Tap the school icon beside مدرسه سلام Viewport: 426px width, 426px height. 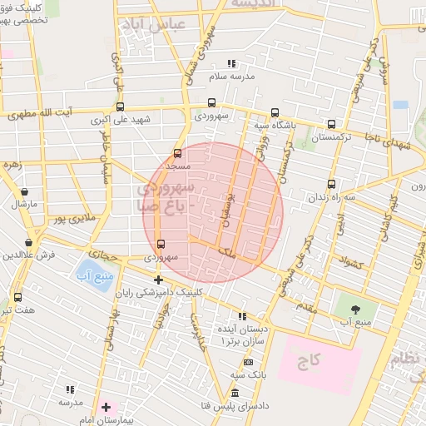tap(231, 64)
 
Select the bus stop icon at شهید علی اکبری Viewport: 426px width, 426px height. tap(121, 106)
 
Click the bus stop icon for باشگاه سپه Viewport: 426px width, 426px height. tap(275, 112)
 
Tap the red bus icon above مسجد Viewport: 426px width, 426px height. tap(176, 154)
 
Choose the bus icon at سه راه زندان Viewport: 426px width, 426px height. tap(331, 184)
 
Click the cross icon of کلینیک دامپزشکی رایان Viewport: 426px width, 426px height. tap(158, 280)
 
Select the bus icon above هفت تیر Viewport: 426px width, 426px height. tap(18, 297)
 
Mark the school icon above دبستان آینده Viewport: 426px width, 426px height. tap(242, 316)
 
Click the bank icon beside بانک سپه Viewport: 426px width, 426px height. tap(248, 363)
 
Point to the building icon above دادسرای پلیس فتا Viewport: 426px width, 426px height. tap(235, 393)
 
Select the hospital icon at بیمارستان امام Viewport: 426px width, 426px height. tap(106, 407)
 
